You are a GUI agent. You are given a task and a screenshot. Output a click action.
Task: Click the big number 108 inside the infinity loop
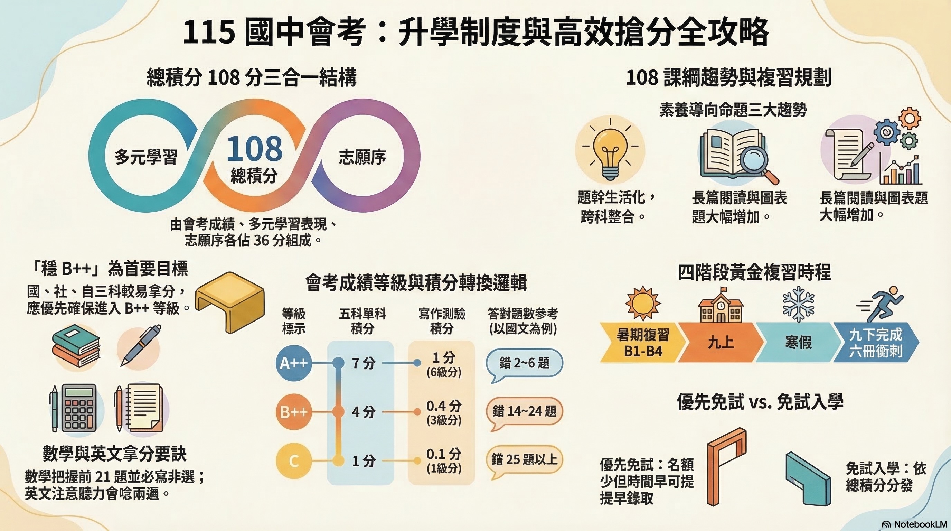point(254,149)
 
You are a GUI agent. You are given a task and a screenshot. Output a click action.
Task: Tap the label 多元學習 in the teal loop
point(146,157)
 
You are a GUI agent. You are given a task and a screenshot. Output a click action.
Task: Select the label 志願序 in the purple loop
point(362,157)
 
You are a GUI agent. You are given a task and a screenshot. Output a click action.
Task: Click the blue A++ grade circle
point(293,363)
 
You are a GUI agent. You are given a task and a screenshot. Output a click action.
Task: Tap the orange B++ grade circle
point(293,412)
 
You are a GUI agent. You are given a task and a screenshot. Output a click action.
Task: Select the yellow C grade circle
point(293,461)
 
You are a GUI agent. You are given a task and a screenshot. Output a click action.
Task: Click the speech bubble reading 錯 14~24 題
point(524,411)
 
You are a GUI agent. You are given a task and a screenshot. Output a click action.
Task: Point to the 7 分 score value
point(363,363)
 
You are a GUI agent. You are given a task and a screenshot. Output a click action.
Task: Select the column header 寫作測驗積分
point(442,320)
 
